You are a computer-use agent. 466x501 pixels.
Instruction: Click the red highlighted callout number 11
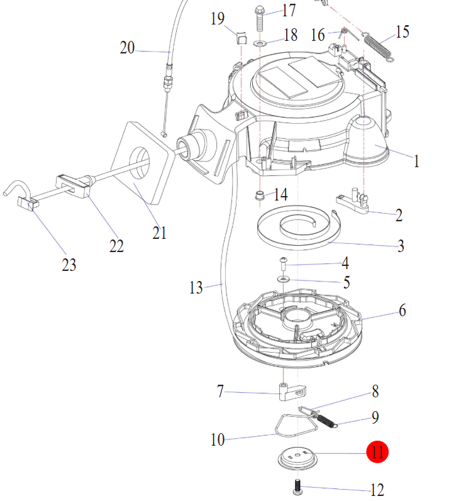pyautogui.click(x=378, y=452)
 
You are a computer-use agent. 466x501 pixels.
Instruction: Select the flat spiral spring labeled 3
pyautogui.click(x=296, y=230)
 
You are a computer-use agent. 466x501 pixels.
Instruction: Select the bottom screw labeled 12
pyautogui.click(x=296, y=485)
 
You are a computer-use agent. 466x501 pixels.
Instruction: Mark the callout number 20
pyautogui.click(x=127, y=47)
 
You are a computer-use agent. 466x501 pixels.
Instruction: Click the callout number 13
pyautogui.click(x=196, y=288)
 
